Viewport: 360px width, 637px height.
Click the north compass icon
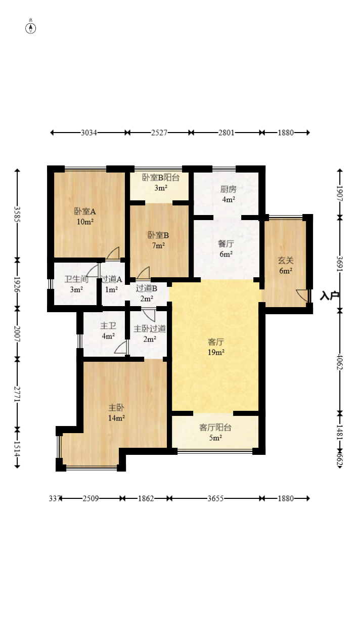tap(31, 28)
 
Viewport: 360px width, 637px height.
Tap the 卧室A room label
tap(85, 211)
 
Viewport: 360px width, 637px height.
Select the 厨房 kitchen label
tap(228, 189)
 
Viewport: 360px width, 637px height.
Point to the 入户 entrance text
tap(330, 296)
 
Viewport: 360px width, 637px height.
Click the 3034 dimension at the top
tap(89, 133)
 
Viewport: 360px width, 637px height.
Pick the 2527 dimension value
tap(159, 133)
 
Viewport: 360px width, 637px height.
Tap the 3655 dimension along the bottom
tap(215, 498)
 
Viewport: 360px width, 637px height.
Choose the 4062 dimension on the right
tap(340, 362)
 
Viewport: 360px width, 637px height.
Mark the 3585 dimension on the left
tap(17, 215)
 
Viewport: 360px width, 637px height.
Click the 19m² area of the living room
tap(216, 352)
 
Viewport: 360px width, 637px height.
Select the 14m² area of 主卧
tap(116, 418)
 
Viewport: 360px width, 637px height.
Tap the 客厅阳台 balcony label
tap(215, 428)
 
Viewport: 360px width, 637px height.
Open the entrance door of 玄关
tap(302, 295)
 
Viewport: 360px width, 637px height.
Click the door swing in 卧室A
tap(113, 253)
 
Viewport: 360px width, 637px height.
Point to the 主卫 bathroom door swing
tap(120, 348)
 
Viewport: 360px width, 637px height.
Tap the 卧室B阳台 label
tap(161, 178)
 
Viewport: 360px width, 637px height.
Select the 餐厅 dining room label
tap(226, 244)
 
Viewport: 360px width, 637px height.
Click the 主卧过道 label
tap(150, 329)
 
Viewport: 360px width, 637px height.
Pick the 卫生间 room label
tap(76, 279)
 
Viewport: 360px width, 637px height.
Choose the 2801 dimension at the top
tap(227, 133)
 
